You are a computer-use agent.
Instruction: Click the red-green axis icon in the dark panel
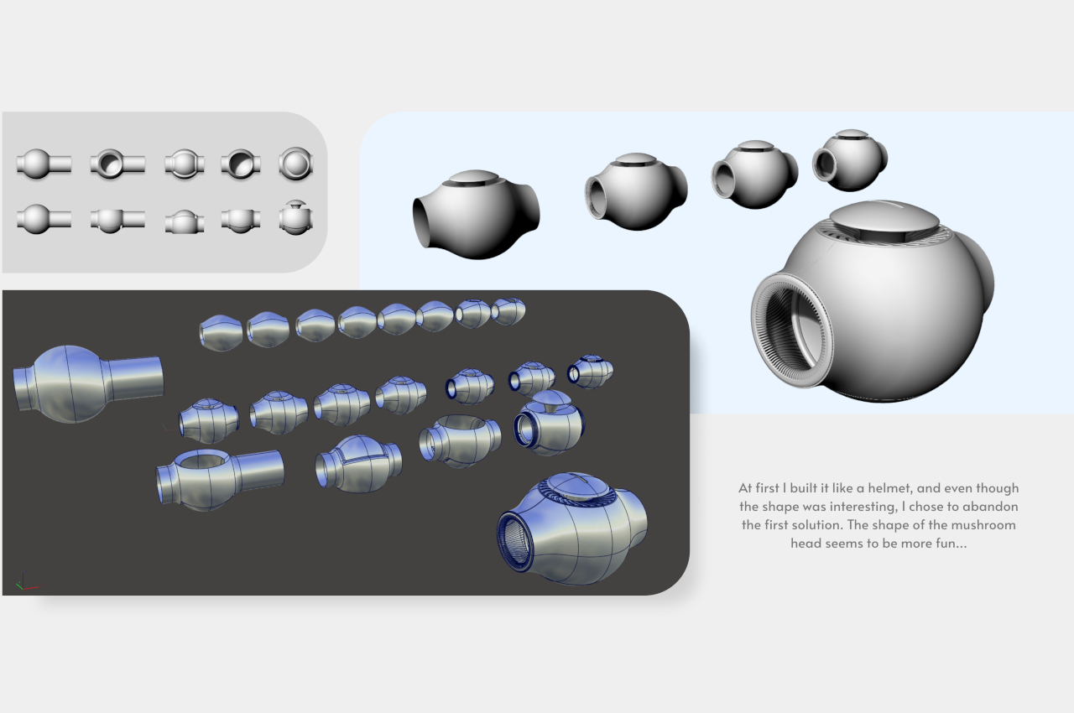coord(24,583)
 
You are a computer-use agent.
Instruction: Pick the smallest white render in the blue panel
coord(849,159)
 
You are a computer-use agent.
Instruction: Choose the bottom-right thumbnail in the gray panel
coord(295,218)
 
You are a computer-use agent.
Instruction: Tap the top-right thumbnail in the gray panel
coord(295,163)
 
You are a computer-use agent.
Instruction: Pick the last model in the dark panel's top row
coord(508,311)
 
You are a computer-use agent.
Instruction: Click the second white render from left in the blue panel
coord(635,190)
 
